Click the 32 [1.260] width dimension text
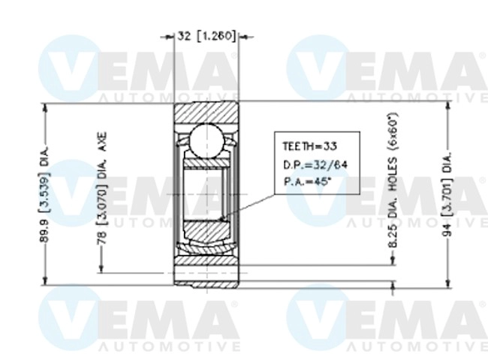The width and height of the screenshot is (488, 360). pos(206,34)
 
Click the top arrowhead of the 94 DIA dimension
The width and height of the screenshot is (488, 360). pos(448,104)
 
